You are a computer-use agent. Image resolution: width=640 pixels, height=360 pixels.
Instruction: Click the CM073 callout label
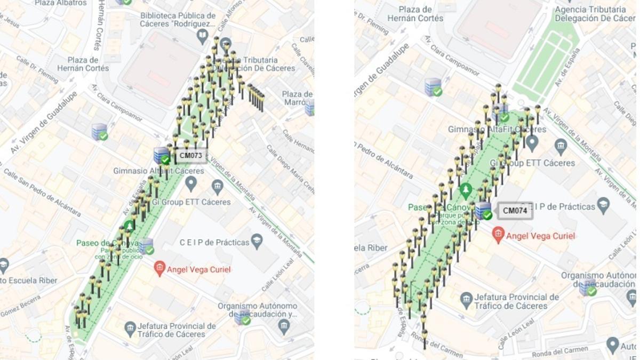point(191,156)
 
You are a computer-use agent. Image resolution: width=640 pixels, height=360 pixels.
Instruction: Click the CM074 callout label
point(515,211)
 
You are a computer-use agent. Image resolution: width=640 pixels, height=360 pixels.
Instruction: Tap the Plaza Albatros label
point(60,3)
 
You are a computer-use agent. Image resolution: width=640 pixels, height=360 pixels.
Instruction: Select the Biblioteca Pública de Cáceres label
point(178,20)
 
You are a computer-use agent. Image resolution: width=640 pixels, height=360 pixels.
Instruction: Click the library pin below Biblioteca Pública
point(202,36)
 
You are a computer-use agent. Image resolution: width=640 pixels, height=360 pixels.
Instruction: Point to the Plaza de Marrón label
point(297,98)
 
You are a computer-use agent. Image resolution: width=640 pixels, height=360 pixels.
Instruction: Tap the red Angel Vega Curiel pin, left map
point(159,268)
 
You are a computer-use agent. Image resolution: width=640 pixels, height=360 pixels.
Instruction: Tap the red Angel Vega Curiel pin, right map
point(498,234)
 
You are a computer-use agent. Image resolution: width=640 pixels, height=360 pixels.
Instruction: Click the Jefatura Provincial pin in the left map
point(131,329)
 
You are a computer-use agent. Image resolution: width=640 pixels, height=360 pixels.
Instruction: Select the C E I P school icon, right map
point(603,205)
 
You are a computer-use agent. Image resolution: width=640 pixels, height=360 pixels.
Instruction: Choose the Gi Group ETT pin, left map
point(217,187)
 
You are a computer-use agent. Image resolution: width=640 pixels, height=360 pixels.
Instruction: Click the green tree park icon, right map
point(466,190)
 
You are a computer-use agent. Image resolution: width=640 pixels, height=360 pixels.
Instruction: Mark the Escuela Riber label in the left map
point(21,280)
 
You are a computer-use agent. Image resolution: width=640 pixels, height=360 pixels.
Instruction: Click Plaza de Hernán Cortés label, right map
point(415,14)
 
